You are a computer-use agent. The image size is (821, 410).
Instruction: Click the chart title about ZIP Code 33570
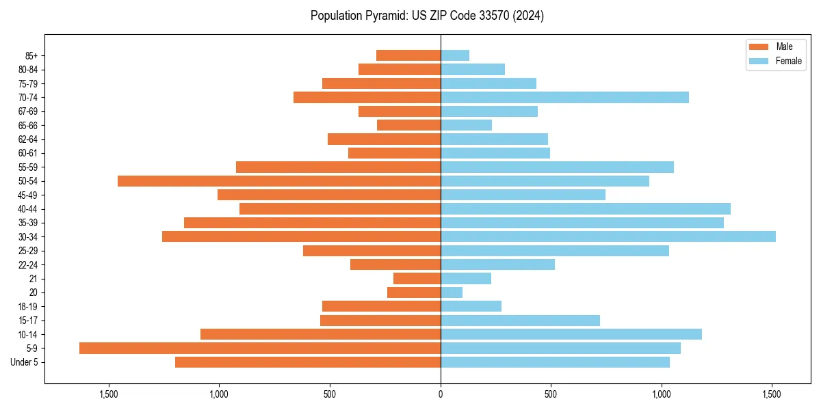point(427,16)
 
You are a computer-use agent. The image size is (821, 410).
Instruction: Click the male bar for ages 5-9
point(260,348)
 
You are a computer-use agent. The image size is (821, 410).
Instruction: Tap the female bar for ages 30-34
point(608,236)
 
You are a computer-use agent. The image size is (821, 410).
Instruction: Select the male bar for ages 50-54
point(279,181)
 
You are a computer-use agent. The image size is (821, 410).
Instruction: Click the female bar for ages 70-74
point(564,97)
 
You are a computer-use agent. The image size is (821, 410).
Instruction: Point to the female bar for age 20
point(452,292)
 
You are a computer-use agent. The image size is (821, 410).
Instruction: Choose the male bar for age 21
point(417,279)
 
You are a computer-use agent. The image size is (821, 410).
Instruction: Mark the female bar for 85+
point(455,55)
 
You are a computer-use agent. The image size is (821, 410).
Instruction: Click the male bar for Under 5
point(308,362)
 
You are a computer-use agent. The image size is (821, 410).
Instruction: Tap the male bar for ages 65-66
point(408,125)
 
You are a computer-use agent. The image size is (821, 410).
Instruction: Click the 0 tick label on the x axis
point(441,394)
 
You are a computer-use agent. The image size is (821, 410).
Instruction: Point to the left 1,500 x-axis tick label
point(109,394)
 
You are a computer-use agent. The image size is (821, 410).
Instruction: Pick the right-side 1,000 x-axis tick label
point(661,394)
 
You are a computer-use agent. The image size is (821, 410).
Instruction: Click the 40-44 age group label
point(28,209)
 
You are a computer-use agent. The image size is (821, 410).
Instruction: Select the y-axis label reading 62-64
point(28,139)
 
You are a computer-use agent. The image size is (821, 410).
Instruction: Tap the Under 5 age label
point(25,362)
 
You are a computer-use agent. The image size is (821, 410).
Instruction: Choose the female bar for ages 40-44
point(585,208)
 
